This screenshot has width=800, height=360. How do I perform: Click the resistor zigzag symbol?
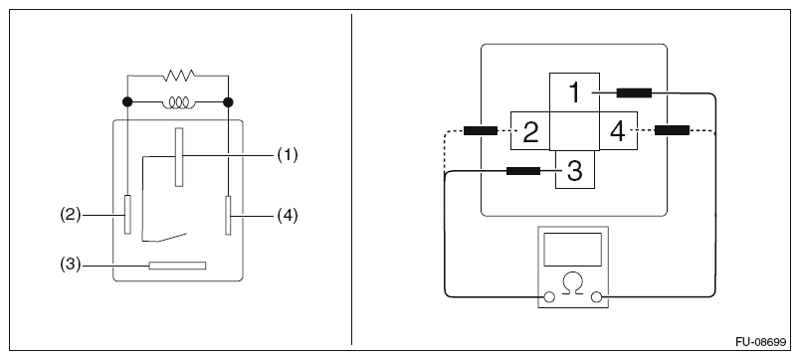[x=178, y=76]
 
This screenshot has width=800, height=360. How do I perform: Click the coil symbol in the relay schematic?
[x=178, y=103]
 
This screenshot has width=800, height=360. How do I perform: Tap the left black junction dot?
[x=127, y=102]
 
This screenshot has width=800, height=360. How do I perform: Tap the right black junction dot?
[x=228, y=102]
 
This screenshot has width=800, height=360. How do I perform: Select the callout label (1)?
[x=288, y=155]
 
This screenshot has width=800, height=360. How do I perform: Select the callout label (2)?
[x=71, y=215]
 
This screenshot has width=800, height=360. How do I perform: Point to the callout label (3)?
[x=71, y=266]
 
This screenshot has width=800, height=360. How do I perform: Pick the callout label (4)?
[x=288, y=216]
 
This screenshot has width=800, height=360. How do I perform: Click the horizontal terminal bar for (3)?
[x=177, y=266]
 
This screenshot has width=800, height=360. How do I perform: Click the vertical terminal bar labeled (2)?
[x=127, y=215]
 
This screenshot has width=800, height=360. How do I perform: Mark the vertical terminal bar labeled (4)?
[x=228, y=215]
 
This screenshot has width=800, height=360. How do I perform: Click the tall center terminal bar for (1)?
[x=178, y=157]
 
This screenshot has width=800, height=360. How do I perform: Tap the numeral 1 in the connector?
[x=575, y=92]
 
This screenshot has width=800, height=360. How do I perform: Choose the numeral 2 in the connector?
[x=530, y=131]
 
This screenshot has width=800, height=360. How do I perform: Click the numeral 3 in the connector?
[x=575, y=171]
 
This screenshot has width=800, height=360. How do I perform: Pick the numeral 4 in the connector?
[x=618, y=131]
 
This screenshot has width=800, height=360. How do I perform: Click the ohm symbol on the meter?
[x=573, y=282]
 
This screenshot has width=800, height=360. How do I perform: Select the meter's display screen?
[x=572, y=250]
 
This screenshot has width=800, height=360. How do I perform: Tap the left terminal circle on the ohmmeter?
[x=549, y=296]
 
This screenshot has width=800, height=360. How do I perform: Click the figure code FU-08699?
[x=761, y=342]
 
